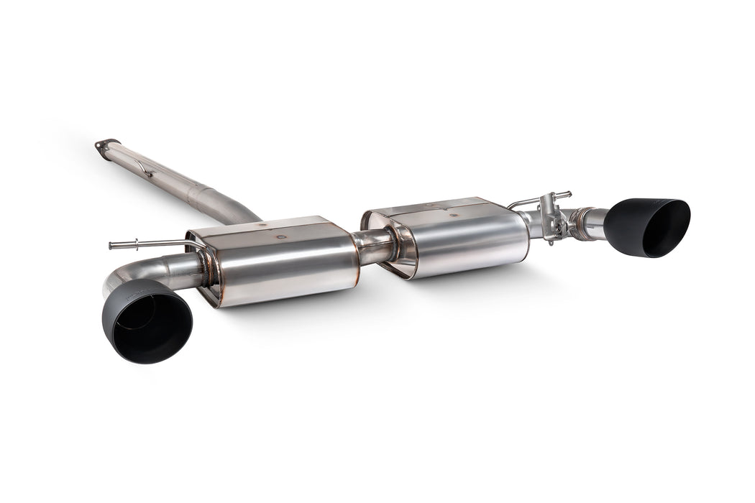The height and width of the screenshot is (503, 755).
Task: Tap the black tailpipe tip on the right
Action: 647,227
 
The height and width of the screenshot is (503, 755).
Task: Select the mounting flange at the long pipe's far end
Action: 106,144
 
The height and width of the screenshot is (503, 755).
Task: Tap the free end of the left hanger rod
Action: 112,246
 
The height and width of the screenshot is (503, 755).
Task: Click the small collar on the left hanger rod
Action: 133,245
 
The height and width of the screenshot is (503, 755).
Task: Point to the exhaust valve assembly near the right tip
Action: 552,219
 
